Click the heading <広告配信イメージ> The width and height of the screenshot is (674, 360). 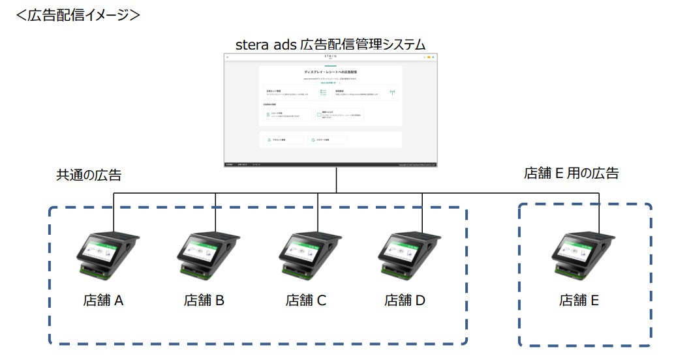pyautogui.click(x=78, y=14)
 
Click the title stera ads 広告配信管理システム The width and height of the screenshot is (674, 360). pyautogui.click(x=331, y=45)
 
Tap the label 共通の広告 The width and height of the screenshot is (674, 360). pyautogui.click(x=89, y=175)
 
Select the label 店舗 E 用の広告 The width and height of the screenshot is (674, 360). pyautogui.click(x=571, y=173)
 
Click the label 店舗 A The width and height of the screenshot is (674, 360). pyautogui.click(x=103, y=301)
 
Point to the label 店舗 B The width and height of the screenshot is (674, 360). pyautogui.click(x=204, y=301)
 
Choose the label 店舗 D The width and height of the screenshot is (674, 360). pyautogui.click(x=405, y=301)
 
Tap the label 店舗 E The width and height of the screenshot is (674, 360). pyautogui.click(x=579, y=301)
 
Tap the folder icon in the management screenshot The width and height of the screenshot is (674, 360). pyautogui.click(x=319, y=114)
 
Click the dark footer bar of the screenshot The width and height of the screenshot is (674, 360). pyautogui.click(x=331, y=164)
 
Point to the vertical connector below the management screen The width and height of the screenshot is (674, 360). pyautogui.click(x=337, y=180)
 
